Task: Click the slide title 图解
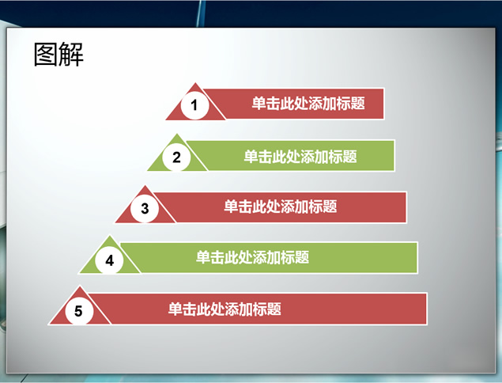point(59,55)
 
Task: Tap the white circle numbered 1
point(194,105)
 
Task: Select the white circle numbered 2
point(176,157)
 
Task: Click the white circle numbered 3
point(145,208)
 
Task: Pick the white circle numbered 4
point(110,260)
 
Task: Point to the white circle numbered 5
point(79,311)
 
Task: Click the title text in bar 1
point(308,104)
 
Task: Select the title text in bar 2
point(300,157)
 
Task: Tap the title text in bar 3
point(281,207)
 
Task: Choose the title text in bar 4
point(253,257)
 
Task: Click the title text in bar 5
point(225,309)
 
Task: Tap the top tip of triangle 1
point(195,83)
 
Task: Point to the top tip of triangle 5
point(79,286)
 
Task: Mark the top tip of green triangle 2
point(177,135)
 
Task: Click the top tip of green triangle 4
point(110,237)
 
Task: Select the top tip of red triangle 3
point(145,186)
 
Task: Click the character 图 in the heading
point(46,55)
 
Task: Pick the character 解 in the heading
point(71,55)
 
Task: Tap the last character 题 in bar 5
point(274,309)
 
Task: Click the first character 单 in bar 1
point(259,104)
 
